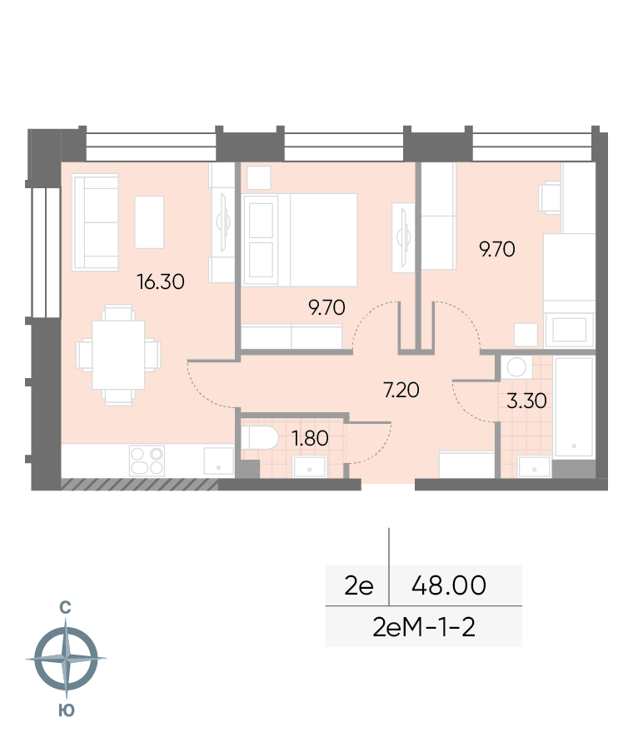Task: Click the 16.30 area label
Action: pyautogui.click(x=161, y=282)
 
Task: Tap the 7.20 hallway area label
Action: pyautogui.click(x=401, y=391)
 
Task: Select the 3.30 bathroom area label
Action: pyautogui.click(x=526, y=401)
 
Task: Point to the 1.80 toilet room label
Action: pyautogui.click(x=310, y=438)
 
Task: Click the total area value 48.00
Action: pyautogui.click(x=449, y=585)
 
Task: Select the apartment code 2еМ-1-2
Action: pyautogui.click(x=424, y=627)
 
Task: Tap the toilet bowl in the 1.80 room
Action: pyautogui.click(x=259, y=438)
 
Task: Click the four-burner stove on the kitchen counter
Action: pyautogui.click(x=147, y=461)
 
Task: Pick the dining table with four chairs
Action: pyautogui.click(x=118, y=355)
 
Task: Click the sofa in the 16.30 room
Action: pyautogui.click(x=95, y=222)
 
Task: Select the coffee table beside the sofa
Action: pyautogui.click(x=149, y=222)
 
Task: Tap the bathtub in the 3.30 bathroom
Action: pyautogui.click(x=574, y=407)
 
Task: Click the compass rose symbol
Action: pyautogui.click(x=66, y=659)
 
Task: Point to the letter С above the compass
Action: pyautogui.click(x=65, y=607)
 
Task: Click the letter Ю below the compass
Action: pyautogui.click(x=67, y=710)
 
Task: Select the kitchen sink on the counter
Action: pyautogui.click(x=219, y=461)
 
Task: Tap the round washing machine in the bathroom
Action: pyautogui.click(x=516, y=367)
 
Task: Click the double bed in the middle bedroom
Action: pyautogui.click(x=299, y=240)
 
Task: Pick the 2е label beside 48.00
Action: pyautogui.click(x=359, y=585)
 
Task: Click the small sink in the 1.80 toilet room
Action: pyautogui.click(x=309, y=466)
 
